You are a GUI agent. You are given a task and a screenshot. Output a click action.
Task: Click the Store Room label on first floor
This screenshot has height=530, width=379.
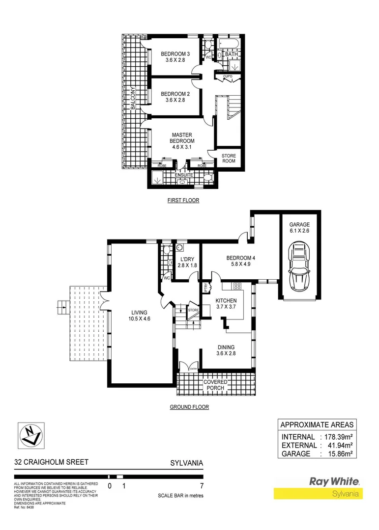(x=229, y=159)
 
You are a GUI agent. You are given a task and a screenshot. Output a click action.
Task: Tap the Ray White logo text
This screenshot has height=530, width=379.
(x=334, y=481)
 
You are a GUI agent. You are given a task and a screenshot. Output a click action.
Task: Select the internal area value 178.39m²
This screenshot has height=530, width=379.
(x=338, y=437)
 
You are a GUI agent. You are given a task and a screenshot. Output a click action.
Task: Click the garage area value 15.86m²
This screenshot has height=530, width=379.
(x=338, y=454)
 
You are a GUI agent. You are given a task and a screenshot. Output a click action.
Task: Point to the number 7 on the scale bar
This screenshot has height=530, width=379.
(x=201, y=486)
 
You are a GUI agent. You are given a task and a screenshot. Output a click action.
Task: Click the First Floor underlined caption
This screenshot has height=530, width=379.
(x=182, y=200)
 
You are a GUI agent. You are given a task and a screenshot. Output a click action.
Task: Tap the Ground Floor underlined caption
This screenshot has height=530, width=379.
(x=189, y=407)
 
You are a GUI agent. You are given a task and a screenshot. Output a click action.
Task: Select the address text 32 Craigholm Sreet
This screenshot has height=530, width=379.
(x=52, y=462)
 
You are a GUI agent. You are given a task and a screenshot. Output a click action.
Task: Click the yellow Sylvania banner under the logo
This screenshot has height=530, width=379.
(x=318, y=494)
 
